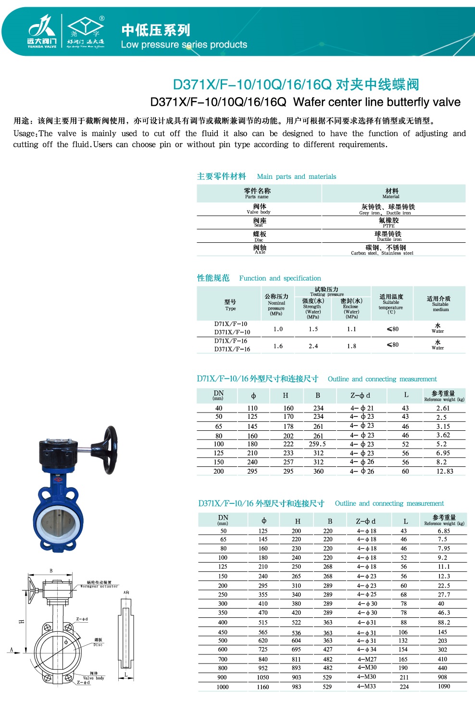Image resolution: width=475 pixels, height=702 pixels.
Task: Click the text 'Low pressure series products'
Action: (x=184, y=45)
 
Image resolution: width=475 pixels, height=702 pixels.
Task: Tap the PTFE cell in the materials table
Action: (x=389, y=223)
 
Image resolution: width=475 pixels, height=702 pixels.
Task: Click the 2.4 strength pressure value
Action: (x=313, y=346)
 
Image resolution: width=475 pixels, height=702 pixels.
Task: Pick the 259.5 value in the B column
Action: (x=317, y=444)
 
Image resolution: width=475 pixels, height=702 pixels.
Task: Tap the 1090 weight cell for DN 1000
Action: (x=444, y=686)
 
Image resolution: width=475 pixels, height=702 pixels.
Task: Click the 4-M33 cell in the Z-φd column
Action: (x=367, y=686)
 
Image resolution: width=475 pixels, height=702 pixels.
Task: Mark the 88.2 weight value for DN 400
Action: (x=444, y=622)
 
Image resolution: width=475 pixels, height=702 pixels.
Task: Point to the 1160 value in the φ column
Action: (x=263, y=687)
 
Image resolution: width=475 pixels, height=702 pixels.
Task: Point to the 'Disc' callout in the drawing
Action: (x=98, y=644)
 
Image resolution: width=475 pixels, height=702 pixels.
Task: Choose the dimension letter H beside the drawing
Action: (x=22, y=622)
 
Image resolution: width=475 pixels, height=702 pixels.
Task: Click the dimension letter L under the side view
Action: (x=126, y=675)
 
